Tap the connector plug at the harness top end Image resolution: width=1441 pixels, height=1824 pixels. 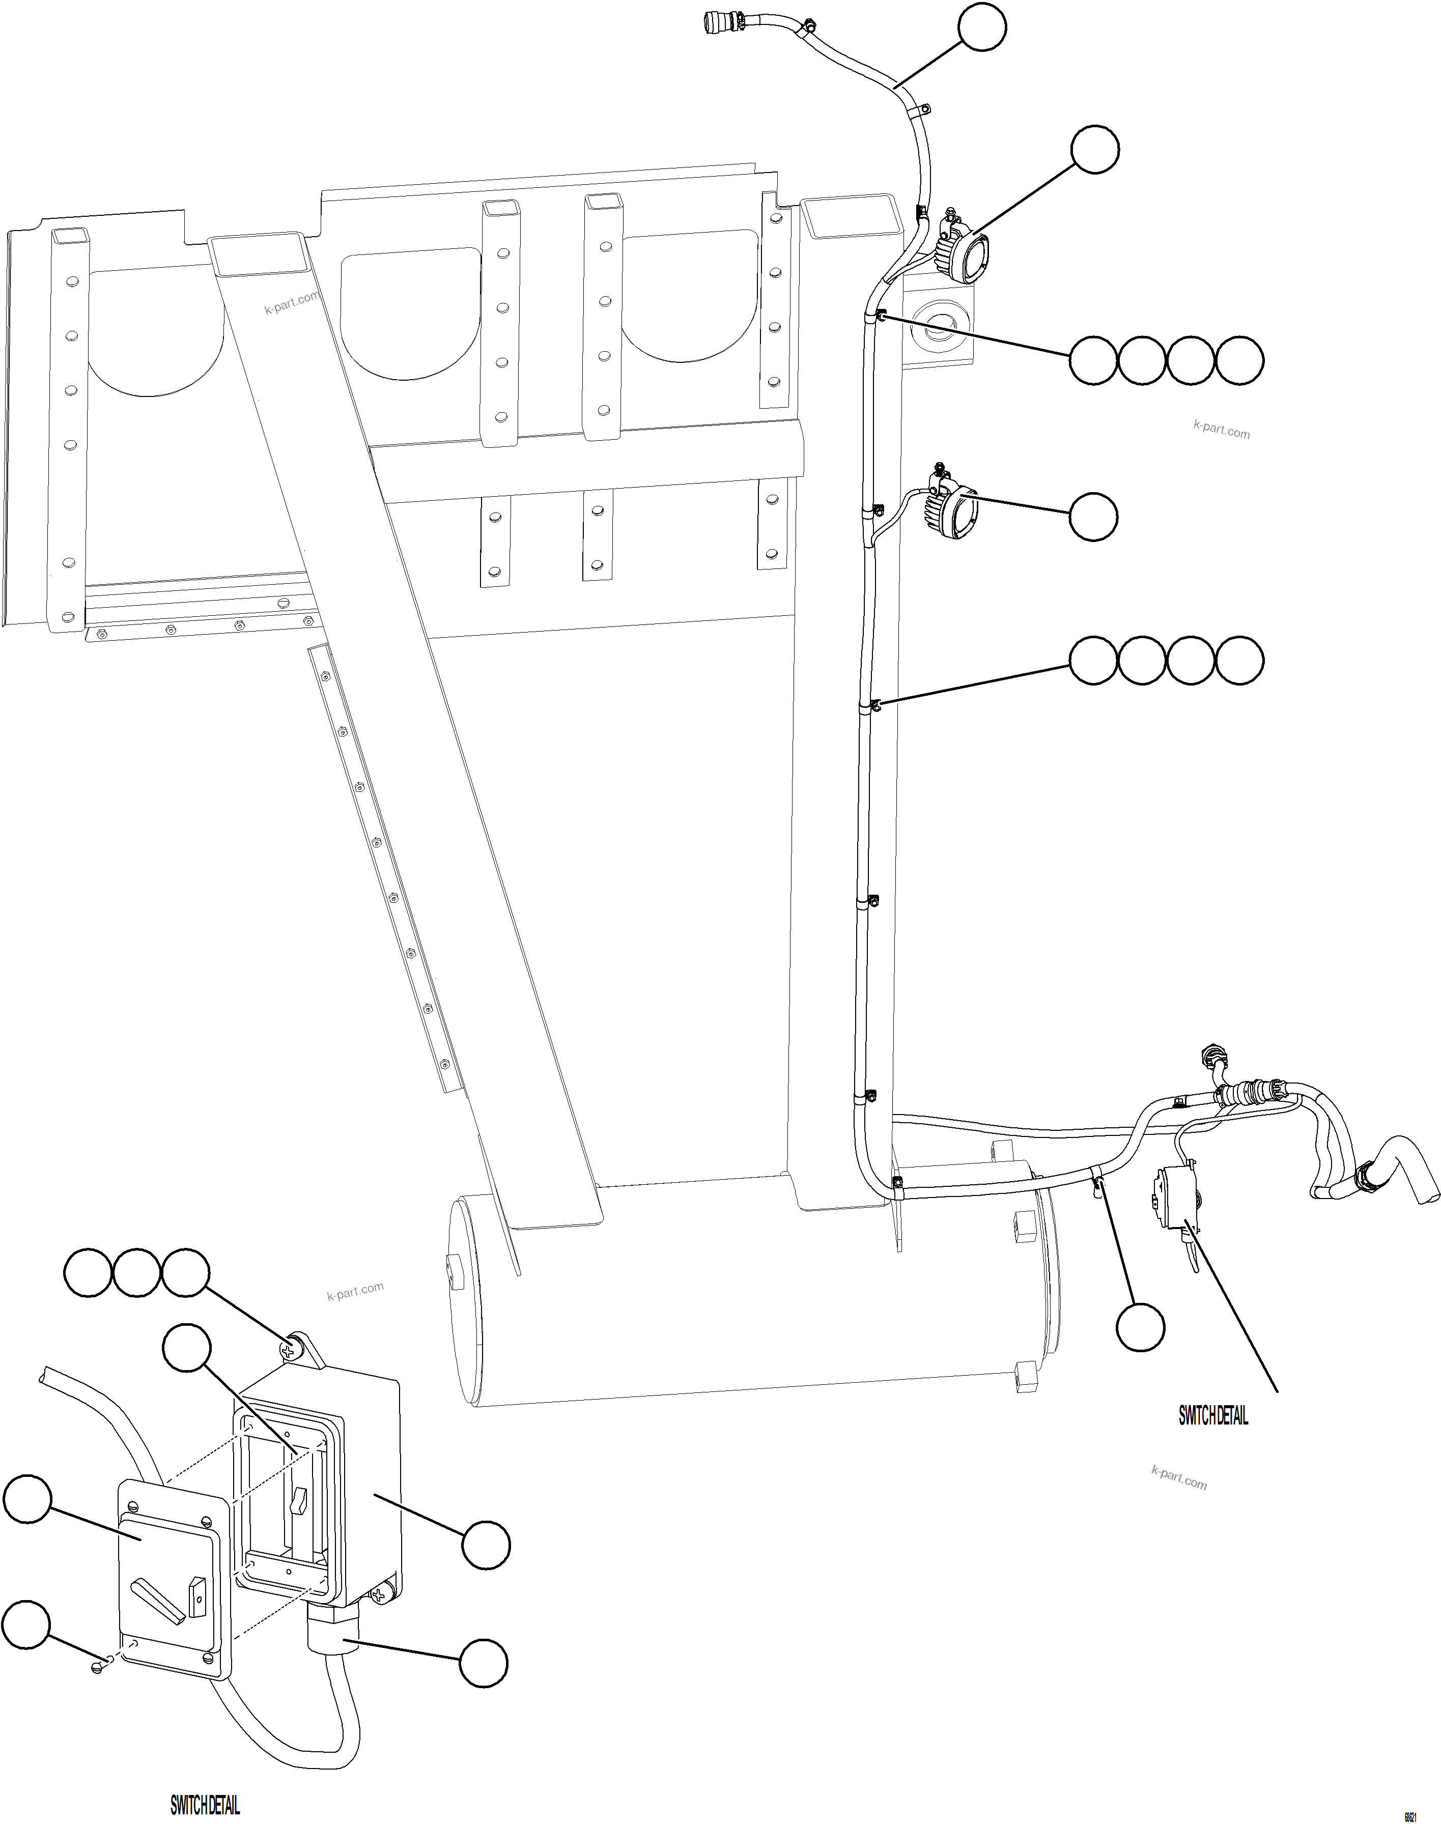(x=719, y=21)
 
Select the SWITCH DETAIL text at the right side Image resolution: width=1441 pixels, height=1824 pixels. (x=1212, y=1416)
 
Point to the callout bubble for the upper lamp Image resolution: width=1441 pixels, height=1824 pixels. (x=1095, y=149)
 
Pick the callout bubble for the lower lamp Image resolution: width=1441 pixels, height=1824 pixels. (x=1093, y=517)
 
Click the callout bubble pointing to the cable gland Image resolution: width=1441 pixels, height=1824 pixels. (x=484, y=1663)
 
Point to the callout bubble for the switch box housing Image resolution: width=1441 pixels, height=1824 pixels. (x=486, y=1545)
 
